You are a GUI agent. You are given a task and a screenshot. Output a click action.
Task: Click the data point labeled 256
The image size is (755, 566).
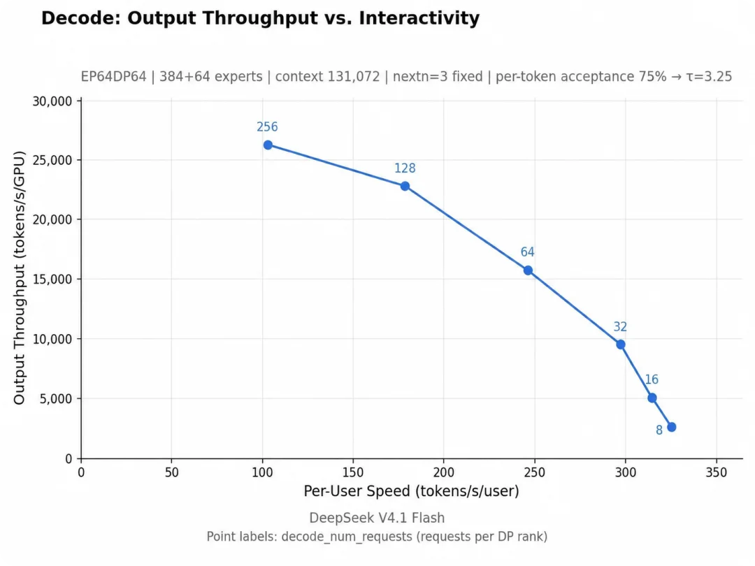tap(268, 145)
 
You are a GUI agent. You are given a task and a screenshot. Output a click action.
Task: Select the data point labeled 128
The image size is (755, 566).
tap(405, 186)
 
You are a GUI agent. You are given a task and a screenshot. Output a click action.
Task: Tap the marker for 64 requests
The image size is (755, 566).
tap(528, 270)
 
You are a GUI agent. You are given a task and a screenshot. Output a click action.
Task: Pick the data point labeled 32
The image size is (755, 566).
tap(621, 344)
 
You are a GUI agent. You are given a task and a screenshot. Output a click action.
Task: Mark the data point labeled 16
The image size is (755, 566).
tap(652, 398)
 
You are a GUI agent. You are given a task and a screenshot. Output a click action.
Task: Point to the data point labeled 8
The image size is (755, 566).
tap(672, 427)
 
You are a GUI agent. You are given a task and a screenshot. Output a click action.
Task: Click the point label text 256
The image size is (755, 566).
tap(267, 126)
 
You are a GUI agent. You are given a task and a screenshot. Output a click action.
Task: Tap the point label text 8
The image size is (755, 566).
tap(659, 430)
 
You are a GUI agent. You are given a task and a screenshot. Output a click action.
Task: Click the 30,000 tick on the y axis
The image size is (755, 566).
tap(52, 101)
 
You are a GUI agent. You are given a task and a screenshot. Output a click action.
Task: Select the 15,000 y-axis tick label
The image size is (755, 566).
tap(52, 279)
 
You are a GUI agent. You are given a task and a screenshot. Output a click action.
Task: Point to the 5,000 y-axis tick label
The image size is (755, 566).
tap(56, 398)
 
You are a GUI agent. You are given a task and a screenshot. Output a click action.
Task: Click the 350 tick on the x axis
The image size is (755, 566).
tap(716, 472)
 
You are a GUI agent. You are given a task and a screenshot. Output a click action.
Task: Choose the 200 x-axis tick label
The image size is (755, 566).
tap(443, 472)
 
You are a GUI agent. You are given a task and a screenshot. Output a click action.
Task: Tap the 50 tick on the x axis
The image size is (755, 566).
tap(171, 472)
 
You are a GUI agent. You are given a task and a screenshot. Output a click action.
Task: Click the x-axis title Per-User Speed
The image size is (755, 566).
tap(411, 491)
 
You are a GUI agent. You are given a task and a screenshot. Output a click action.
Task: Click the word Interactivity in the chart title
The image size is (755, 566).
tap(419, 18)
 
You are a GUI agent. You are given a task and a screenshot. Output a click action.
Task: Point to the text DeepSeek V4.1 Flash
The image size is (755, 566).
tap(377, 518)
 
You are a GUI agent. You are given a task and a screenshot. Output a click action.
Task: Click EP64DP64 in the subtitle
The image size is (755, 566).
tap(114, 77)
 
